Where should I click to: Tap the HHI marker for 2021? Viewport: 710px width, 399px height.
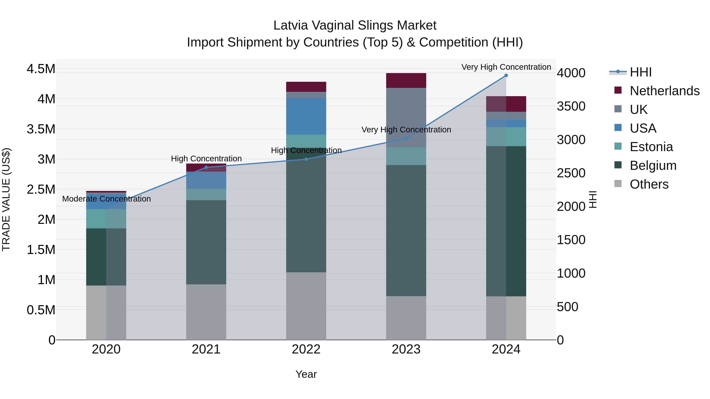pyautogui.click(x=206, y=167)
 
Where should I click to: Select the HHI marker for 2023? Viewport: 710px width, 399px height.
pyautogui.click(x=406, y=139)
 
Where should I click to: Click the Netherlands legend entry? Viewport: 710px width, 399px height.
pyautogui.click(x=664, y=91)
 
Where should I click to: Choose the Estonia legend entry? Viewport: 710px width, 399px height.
pyautogui.click(x=651, y=147)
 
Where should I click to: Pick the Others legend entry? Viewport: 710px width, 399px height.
pyautogui.click(x=649, y=184)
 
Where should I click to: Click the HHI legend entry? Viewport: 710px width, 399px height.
pyautogui.click(x=641, y=72)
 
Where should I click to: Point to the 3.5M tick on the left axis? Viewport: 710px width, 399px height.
pyautogui.click(x=41, y=129)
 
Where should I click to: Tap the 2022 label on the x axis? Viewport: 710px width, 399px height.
pyautogui.click(x=306, y=349)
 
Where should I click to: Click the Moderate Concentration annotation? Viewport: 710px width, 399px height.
pyautogui.click(x=106, y=199)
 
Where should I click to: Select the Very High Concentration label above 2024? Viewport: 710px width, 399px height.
pyautogui.click(x=506, y=67)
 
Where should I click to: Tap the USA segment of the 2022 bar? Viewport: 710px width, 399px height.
pyautogui.click(x=306, y=116)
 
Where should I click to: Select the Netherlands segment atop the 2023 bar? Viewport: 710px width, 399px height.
pyautogui.click(x=406, y=80)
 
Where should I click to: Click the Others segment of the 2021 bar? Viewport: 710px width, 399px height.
pyautogui.click(x=206, y=312)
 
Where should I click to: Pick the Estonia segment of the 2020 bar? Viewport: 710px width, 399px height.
pyautogui.click(x=106, y=219)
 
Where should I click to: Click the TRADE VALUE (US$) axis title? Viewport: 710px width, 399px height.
pyautogui.click(x=6, y=199)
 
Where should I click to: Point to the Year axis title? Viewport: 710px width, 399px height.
pyautogui.click(x=306, y=374)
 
